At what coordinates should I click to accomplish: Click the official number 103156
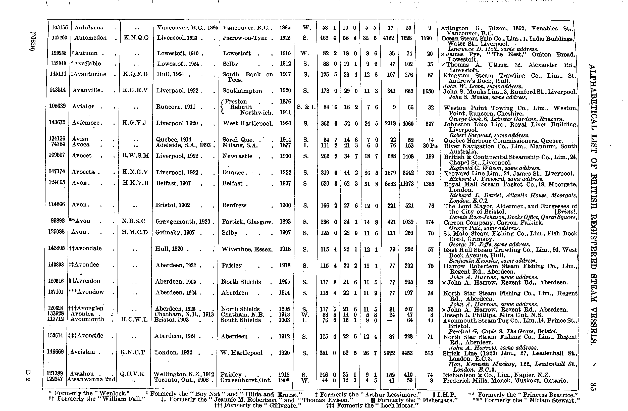pyautogui.click(x=60, y=27)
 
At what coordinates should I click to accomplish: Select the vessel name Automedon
pyautogui.click(x=90, y=38)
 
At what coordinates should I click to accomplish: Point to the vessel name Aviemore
pyautogui.click(x=86, y=123)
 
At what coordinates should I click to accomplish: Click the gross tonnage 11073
pyautogui.click(x=407, y=184)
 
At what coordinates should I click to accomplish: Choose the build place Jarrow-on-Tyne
pyautogui.click(x=245, y=38)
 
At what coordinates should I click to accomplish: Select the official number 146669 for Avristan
pyautogui.click(x=56, y=352)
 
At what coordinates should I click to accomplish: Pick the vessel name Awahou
pyautogui.click(x=82, y=374)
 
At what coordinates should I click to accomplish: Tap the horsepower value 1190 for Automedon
pyautogui.click(x=426, y=38)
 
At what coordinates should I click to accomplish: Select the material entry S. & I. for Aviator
pyautogui.click(x=306, y=107)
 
